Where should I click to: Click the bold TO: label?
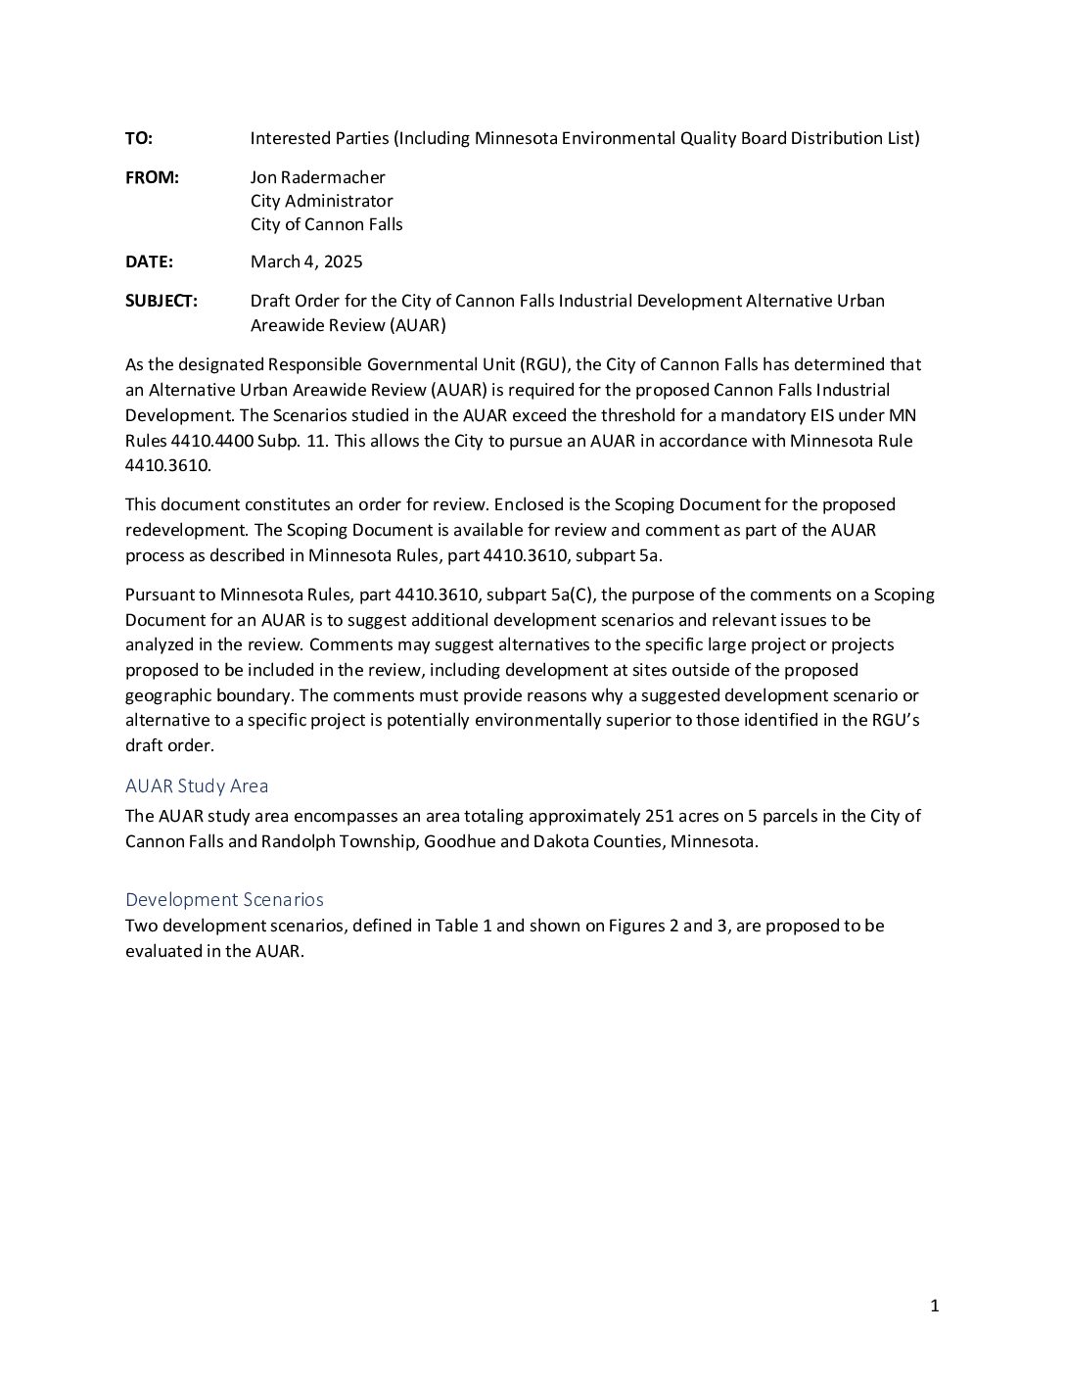click(x=139, y=138)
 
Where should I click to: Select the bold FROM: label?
click(x=152, y=177)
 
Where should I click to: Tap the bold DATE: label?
click(x=149, y=262)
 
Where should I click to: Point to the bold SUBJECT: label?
click(x=162, y=301)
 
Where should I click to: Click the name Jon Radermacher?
click(x=318, y=177)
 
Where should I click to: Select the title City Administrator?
click(x=322, y=201)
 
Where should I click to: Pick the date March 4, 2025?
click(x=306, y=262)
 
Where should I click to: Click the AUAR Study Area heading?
click(x=197, y=785)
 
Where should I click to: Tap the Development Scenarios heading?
click(x=224, y=899)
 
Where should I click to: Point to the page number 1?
click(x=934, y=1305)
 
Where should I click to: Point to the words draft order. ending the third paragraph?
click(x=169, y=745)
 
